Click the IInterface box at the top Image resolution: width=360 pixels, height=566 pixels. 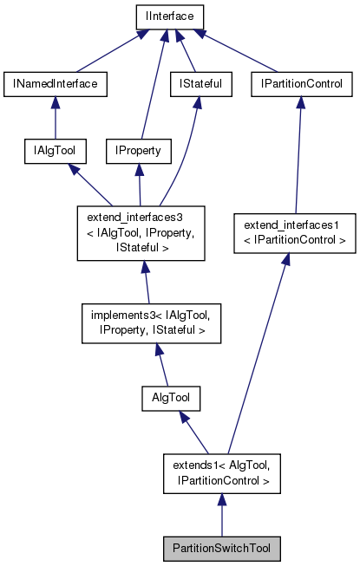click(x=168, y=16)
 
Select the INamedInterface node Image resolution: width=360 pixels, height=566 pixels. click(x=56, y=84)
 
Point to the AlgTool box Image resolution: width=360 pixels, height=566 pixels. click(x=171, y=398)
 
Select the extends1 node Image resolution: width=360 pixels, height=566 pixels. click(x=221, y=473)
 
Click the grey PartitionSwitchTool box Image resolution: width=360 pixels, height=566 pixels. click(x=221, y=549)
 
